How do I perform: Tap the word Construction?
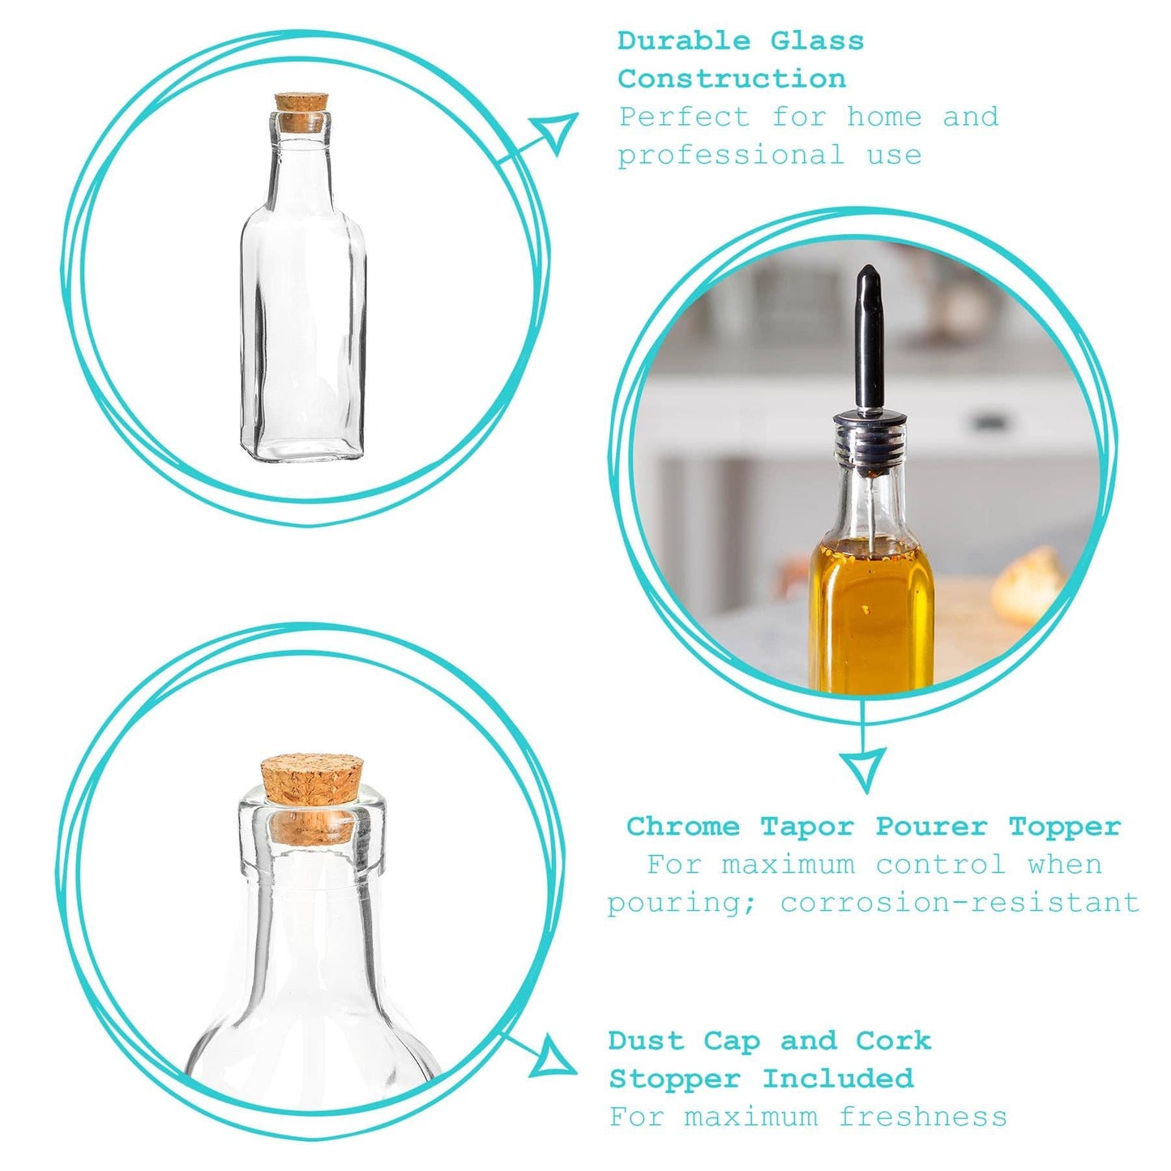coord(732,79)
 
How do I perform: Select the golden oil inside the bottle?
coord(871,616)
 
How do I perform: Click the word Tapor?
coord(807,827)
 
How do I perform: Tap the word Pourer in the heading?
coord(932,827)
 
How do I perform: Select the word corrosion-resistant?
coord(959,902)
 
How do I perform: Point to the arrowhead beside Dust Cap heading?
coord(554,1057)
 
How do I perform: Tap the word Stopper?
coord(675,1079)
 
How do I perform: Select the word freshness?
coord(923,1117)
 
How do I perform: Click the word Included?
coord(838,1079)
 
